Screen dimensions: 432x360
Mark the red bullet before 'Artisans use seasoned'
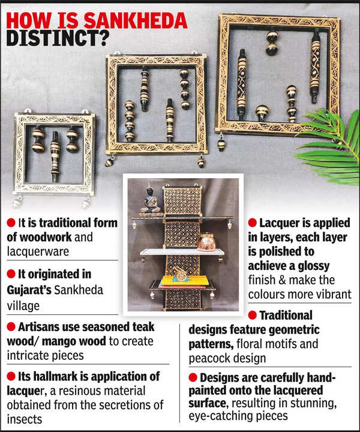pyautogui.click(x=11, y=327)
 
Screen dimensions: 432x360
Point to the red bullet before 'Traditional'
pyautogui.click(x=253, y=315)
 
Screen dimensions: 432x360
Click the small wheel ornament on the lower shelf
pyautogui.click(x=179, y=275)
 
